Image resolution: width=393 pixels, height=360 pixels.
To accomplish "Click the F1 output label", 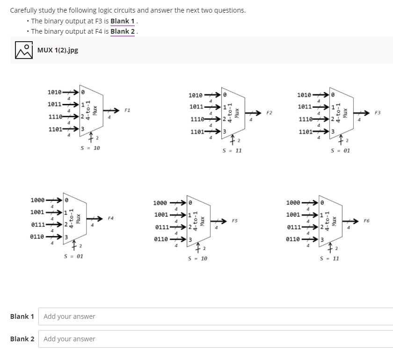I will click(127, 110).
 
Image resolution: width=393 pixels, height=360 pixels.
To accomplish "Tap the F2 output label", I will click(269, 113).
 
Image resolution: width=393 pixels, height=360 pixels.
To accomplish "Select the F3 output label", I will click(378, 113).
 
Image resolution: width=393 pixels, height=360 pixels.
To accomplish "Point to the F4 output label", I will click(110, 218).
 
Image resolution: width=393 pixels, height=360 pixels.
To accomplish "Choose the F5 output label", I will click(235, 220).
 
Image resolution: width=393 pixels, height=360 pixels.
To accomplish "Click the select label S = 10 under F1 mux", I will click(90, 148).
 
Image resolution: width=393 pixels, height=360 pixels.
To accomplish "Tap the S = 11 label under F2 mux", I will click(232, 151).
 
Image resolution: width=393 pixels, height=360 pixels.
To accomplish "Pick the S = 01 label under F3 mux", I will click(340, 151).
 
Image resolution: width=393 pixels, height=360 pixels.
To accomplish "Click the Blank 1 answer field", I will click(215, 316).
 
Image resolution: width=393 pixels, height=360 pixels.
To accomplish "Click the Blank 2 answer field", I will click(215, 339).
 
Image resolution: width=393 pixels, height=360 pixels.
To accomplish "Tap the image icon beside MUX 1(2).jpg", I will click(23, 51).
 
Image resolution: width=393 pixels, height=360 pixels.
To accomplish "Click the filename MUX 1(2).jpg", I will click(58, 50).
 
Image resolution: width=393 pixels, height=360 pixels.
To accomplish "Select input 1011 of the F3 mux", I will click(305, 107).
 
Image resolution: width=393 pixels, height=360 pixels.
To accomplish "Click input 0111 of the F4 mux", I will click(38, 225).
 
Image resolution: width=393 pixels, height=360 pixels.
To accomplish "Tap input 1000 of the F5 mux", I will click(160, 203).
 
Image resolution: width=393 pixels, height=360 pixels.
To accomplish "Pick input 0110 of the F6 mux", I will click(293, 239).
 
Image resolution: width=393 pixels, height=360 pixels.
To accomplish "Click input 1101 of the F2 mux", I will click(197, 132).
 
